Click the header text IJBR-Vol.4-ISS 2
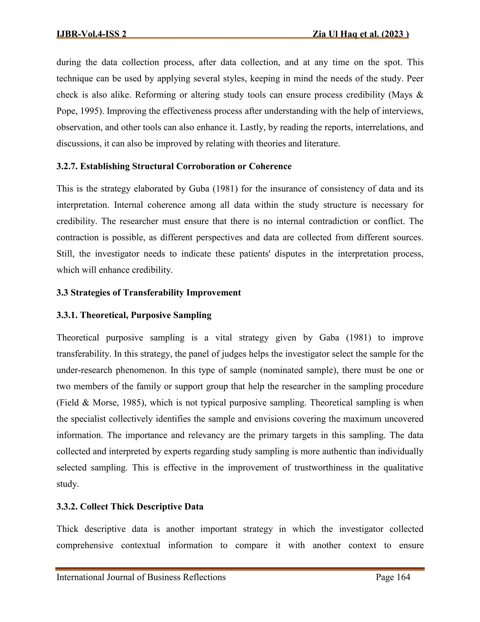tap(92, 34)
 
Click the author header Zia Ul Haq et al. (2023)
tap(360, 34)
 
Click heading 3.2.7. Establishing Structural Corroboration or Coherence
tap(174, 166)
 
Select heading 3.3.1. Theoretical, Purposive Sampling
tap(134, 315)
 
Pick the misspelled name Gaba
tap(329, 338)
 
